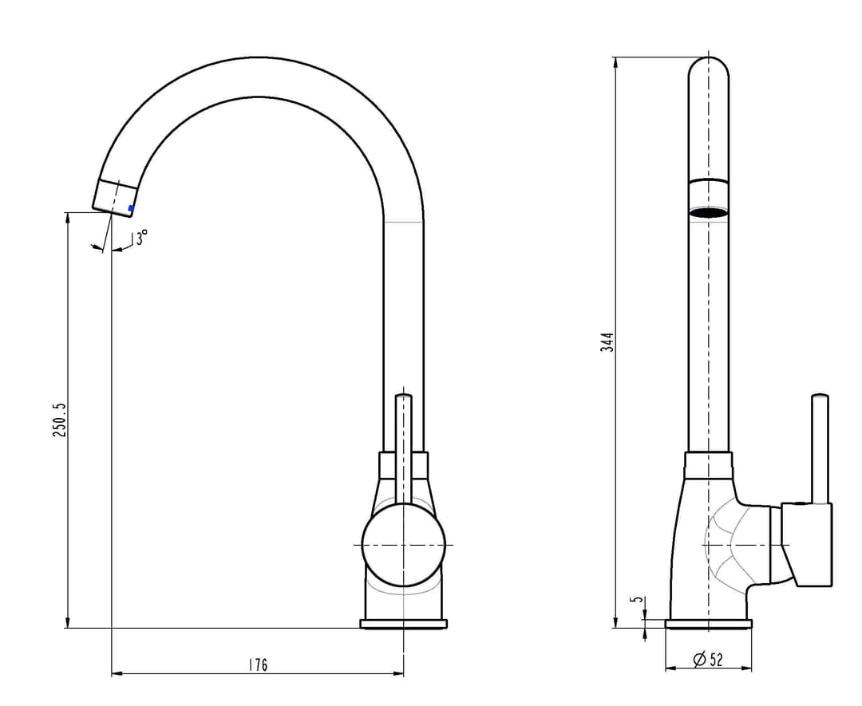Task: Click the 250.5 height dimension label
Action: (59, 420)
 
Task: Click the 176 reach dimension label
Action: (257, 665)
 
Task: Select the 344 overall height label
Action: (607, 342)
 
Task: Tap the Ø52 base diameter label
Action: (708, 659)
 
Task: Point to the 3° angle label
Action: (142, 238)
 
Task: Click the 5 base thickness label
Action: (638, 599)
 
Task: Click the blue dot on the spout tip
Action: (131, 208)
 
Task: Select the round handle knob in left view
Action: (404, 545)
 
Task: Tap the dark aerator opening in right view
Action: (710, 212)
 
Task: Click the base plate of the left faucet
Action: (404, 624)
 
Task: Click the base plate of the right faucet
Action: (709, 624)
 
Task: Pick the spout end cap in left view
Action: (114, 198)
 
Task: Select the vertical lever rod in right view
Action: (820, 448)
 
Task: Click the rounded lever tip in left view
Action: (404, 396)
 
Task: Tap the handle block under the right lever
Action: (807, 543)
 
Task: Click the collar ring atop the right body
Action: (709, 464)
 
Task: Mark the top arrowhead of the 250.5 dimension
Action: (67, 218)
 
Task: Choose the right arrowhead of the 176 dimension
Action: (397, 673)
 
